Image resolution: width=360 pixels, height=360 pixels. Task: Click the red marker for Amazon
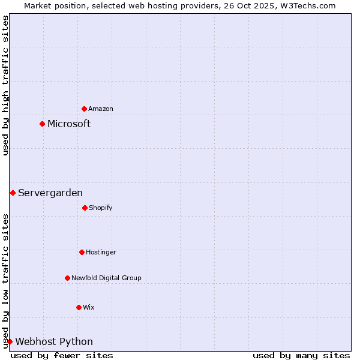(84, 109)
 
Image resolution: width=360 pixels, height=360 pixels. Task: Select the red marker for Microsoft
(42, 124)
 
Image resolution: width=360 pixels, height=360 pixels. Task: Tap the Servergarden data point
(13, 193)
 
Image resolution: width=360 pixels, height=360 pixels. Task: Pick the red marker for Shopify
(85, 208)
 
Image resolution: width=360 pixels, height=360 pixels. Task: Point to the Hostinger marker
(82, 252)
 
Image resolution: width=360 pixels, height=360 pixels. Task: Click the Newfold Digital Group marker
(67, 278)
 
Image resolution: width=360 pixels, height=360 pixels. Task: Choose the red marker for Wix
(79, 307)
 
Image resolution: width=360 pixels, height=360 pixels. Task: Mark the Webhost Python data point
(10, 341)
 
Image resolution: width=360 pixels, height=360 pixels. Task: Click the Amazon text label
(101, 109)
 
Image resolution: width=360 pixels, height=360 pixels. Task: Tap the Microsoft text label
(69, 124)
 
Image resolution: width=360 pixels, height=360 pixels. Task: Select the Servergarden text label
(50, 193)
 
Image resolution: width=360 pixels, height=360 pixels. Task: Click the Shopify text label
(101, 208)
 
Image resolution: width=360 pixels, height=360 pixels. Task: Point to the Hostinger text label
(101, 252)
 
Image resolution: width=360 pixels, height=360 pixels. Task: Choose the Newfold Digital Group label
(106, 278)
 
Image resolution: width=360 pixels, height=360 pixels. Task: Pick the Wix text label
(89, 307)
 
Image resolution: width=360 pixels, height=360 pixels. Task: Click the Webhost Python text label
(54, 341)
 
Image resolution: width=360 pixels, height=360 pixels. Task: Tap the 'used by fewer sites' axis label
(62, 355)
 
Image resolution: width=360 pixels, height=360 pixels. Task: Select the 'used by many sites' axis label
(301, 355)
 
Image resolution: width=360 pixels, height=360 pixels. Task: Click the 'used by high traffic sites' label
(5, 85)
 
